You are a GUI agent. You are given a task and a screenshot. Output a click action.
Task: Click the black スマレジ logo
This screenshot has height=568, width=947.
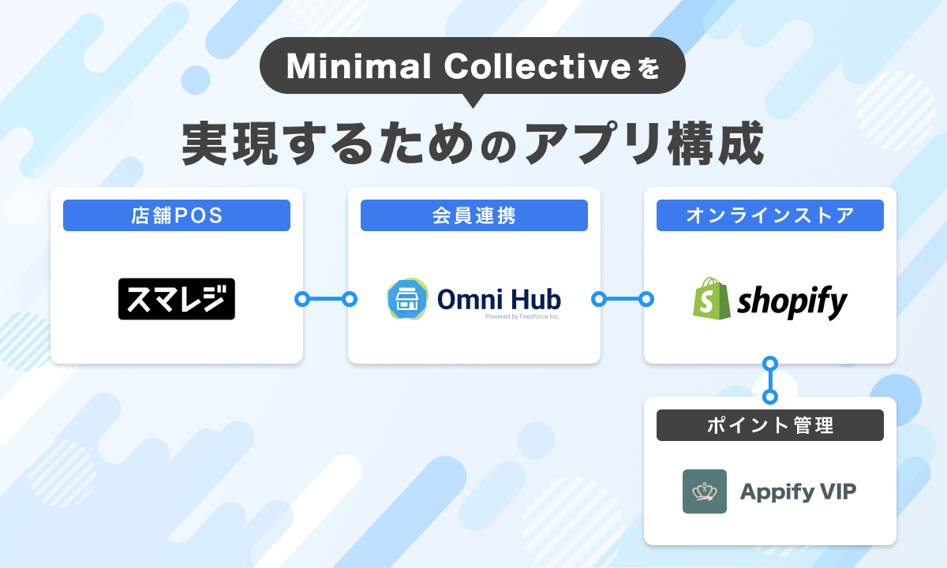tap(177, 299)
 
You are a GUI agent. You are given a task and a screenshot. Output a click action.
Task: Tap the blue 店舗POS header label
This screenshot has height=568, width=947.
tap(177, 215)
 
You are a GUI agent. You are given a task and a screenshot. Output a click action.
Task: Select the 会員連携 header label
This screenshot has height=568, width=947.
tap(474, 215)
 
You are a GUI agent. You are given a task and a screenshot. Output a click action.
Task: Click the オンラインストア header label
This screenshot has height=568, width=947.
tap(770, 215)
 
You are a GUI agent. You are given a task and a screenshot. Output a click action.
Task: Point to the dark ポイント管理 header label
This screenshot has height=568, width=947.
tap(770, 425)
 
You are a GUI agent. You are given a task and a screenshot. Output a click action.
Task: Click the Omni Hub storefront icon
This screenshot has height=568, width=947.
tap(407, 299)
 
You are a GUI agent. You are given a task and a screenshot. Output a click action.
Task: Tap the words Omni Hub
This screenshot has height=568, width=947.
tap(499, 299)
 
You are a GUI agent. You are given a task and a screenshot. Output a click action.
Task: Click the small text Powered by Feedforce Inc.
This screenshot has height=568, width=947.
tap(522, 316)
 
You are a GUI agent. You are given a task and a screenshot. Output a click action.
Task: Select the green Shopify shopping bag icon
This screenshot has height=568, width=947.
tap(712, 298)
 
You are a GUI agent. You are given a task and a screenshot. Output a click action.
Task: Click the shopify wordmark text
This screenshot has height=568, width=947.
tap(792, 301)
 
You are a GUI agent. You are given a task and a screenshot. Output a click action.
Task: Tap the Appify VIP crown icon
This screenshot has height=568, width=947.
tap(705, 491)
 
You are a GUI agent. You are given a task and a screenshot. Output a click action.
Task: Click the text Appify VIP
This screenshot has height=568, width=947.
tap(798, 491)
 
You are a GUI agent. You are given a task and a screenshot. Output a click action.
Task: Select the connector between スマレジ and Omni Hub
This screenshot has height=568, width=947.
tap(326, 299)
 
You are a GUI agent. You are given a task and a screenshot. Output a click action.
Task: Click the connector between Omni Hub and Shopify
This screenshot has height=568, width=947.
tap(623, 299)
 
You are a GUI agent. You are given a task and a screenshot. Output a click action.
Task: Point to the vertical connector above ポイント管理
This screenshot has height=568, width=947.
tap(770, 380)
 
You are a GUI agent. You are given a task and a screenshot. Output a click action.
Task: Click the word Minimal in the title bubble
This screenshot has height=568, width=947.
tap(358, 66)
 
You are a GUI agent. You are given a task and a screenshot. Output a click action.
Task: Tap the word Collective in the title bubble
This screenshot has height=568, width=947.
tap(537, 66)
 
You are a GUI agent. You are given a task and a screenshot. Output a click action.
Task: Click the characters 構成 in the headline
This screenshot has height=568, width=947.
tap(715, 143)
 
